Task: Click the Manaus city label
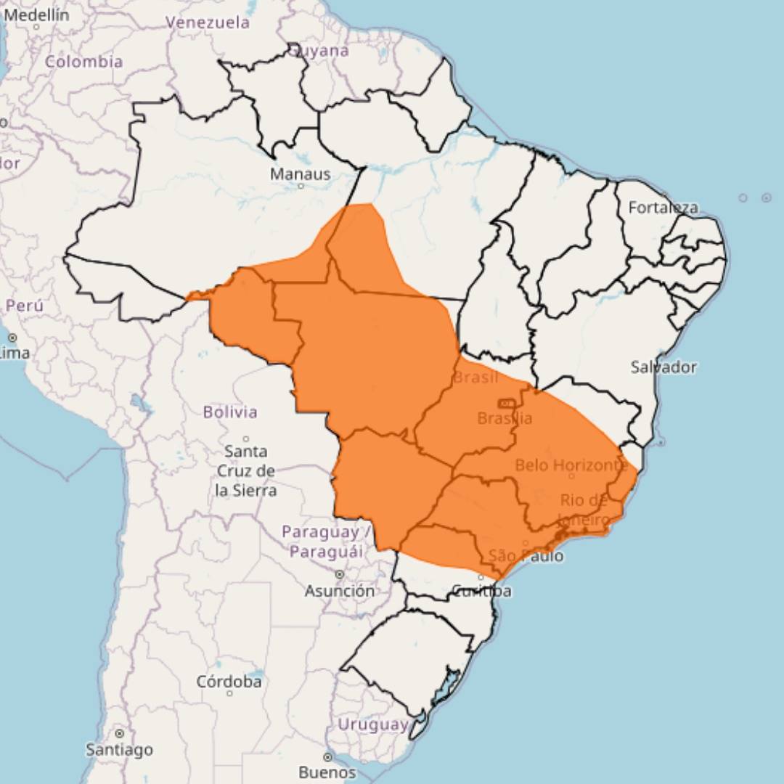click(300, 174)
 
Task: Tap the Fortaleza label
click(663, 208)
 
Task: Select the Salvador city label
click(663, 367)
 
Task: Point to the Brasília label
click(505, 419)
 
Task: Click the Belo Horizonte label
click(571, 465)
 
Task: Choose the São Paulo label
click(526, 556)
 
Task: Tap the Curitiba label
click(481, 591)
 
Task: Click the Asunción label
click(339, 591)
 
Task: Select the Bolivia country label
click(230, 412)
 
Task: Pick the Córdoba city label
click(229, 682)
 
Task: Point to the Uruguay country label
click(372, 724)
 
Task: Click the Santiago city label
click(119, 749)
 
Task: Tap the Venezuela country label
click(208, 23)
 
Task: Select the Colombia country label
click(84, 62)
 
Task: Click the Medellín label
click(36, 15)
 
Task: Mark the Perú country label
click(24, 306)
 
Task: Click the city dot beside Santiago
click(119, 734)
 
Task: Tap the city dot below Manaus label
click(301, 186)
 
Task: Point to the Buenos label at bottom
click(327, 772)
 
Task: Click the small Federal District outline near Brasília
click(506, 403)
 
